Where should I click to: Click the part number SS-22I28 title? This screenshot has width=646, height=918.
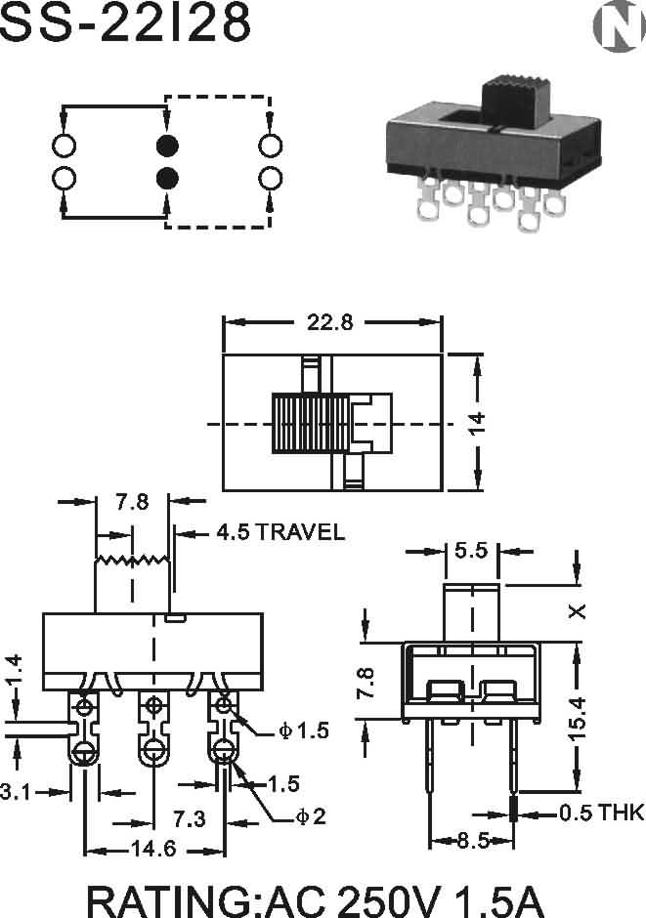[124, 22]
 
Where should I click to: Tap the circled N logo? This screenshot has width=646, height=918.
[618, 26]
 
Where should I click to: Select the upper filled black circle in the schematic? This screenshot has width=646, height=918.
[167, 146]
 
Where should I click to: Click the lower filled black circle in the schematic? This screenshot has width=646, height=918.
[167, 178]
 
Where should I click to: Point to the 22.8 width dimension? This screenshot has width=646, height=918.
[330, 322]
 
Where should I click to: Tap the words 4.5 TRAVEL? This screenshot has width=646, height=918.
[280, 532]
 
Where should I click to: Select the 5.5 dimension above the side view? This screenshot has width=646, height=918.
[471, 551]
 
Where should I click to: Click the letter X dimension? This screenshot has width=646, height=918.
[578, 611]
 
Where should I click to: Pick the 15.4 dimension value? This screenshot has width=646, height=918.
[577, 719]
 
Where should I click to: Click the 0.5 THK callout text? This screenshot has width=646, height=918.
[601, 813]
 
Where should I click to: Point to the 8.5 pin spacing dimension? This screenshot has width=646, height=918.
[473, 841]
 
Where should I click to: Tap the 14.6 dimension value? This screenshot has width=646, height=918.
[153, 849]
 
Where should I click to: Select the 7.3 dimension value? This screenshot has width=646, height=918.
[189, 819]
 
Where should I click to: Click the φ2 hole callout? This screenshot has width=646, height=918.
[310, 816]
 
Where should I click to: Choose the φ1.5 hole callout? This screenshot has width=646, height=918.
[303, 730]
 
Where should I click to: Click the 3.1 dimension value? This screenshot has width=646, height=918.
[16, 792]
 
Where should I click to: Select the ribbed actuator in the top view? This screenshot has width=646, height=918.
[311, 423]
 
